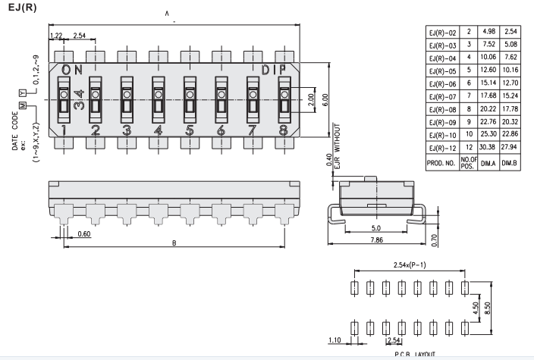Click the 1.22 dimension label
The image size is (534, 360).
(x=55, y=36)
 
